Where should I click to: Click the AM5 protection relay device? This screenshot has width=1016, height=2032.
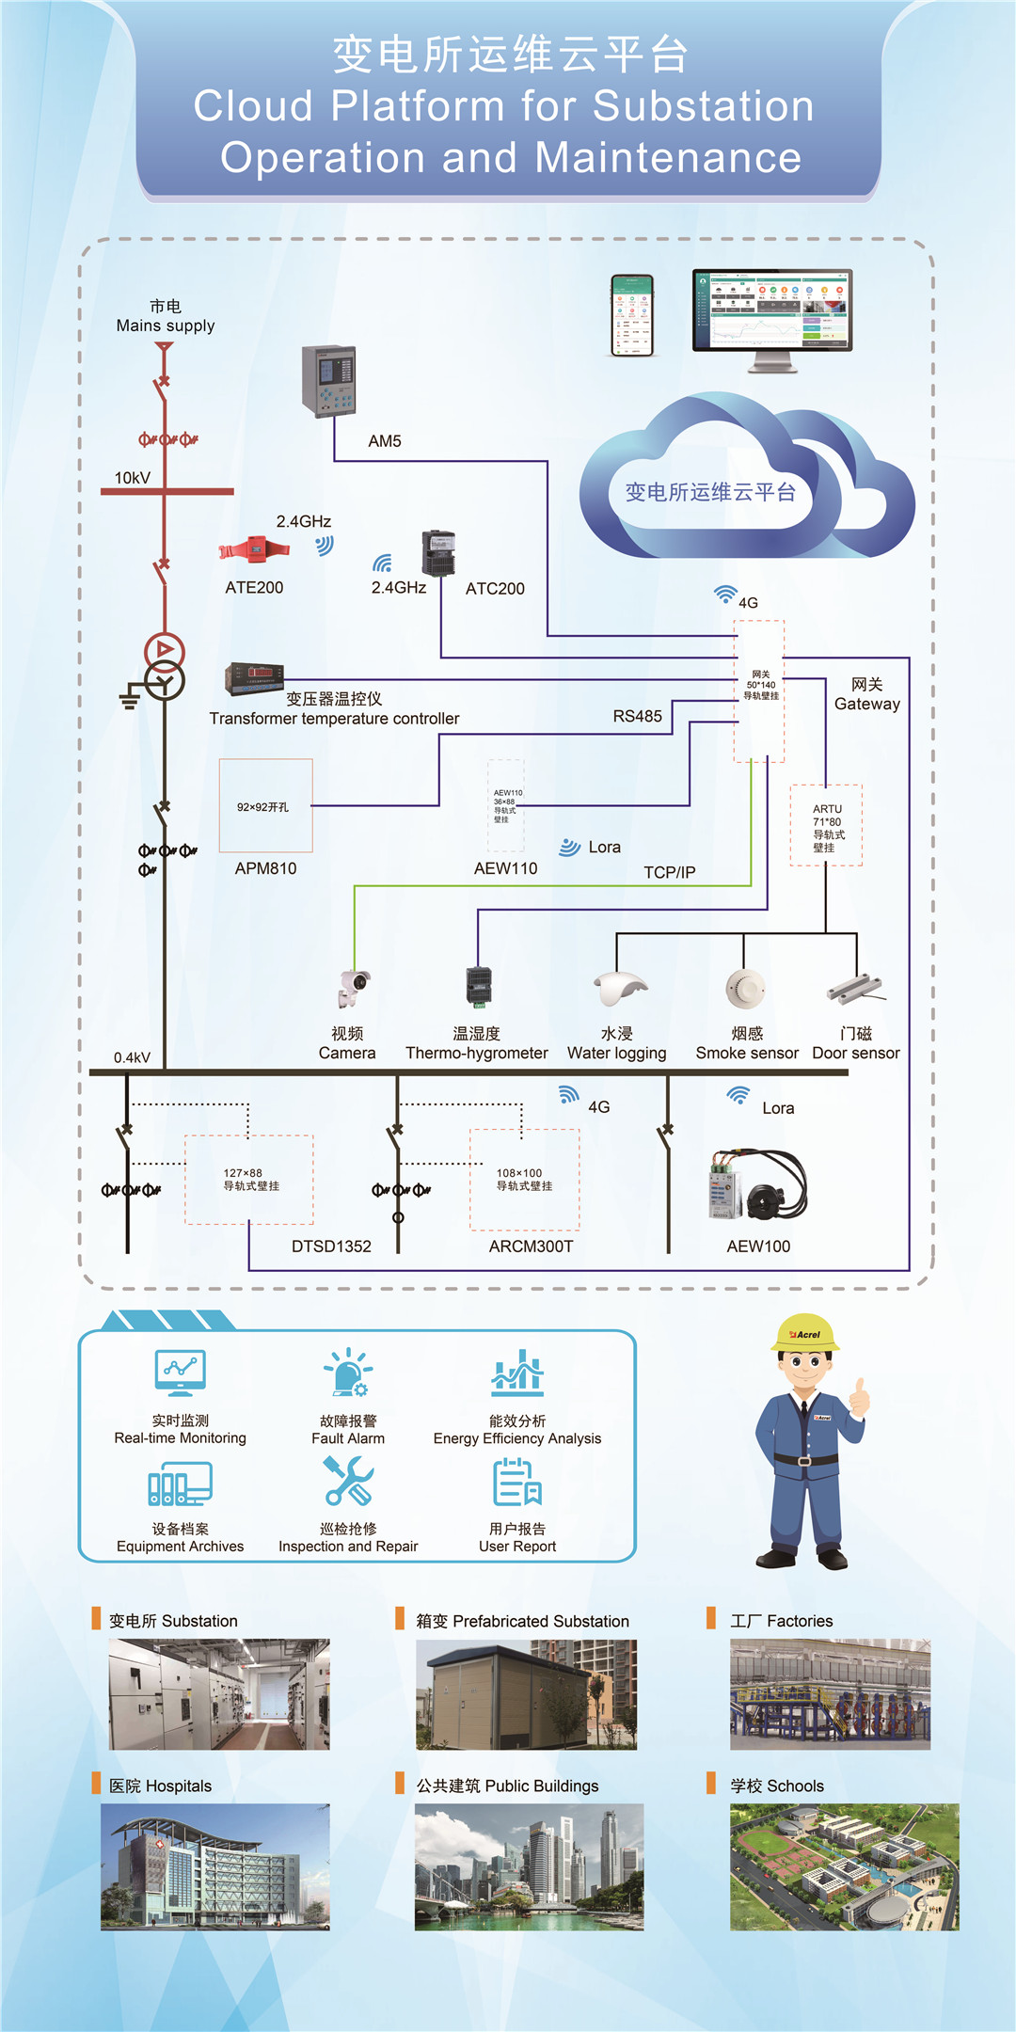328,380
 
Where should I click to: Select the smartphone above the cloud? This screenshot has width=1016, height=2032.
632,315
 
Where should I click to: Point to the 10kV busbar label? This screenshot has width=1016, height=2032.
133,478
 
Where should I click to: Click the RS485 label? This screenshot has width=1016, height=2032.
637,716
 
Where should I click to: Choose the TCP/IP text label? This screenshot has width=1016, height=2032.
669,872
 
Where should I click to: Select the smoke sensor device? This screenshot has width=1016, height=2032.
744,988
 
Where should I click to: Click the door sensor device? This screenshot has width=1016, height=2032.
855,988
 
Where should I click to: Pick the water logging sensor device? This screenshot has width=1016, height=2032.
619,988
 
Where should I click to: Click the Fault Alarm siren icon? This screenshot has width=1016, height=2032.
348,1373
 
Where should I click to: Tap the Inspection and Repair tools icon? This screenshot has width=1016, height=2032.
348,1482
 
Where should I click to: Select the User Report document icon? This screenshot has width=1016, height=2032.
517,1482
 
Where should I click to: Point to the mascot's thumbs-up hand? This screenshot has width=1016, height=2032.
859,1398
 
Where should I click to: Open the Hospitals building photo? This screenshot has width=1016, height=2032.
215,1866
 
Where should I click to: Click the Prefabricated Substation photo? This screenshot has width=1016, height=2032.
526,1694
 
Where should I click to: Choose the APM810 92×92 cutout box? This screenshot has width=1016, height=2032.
265,805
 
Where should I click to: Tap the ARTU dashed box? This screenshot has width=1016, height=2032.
826,825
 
